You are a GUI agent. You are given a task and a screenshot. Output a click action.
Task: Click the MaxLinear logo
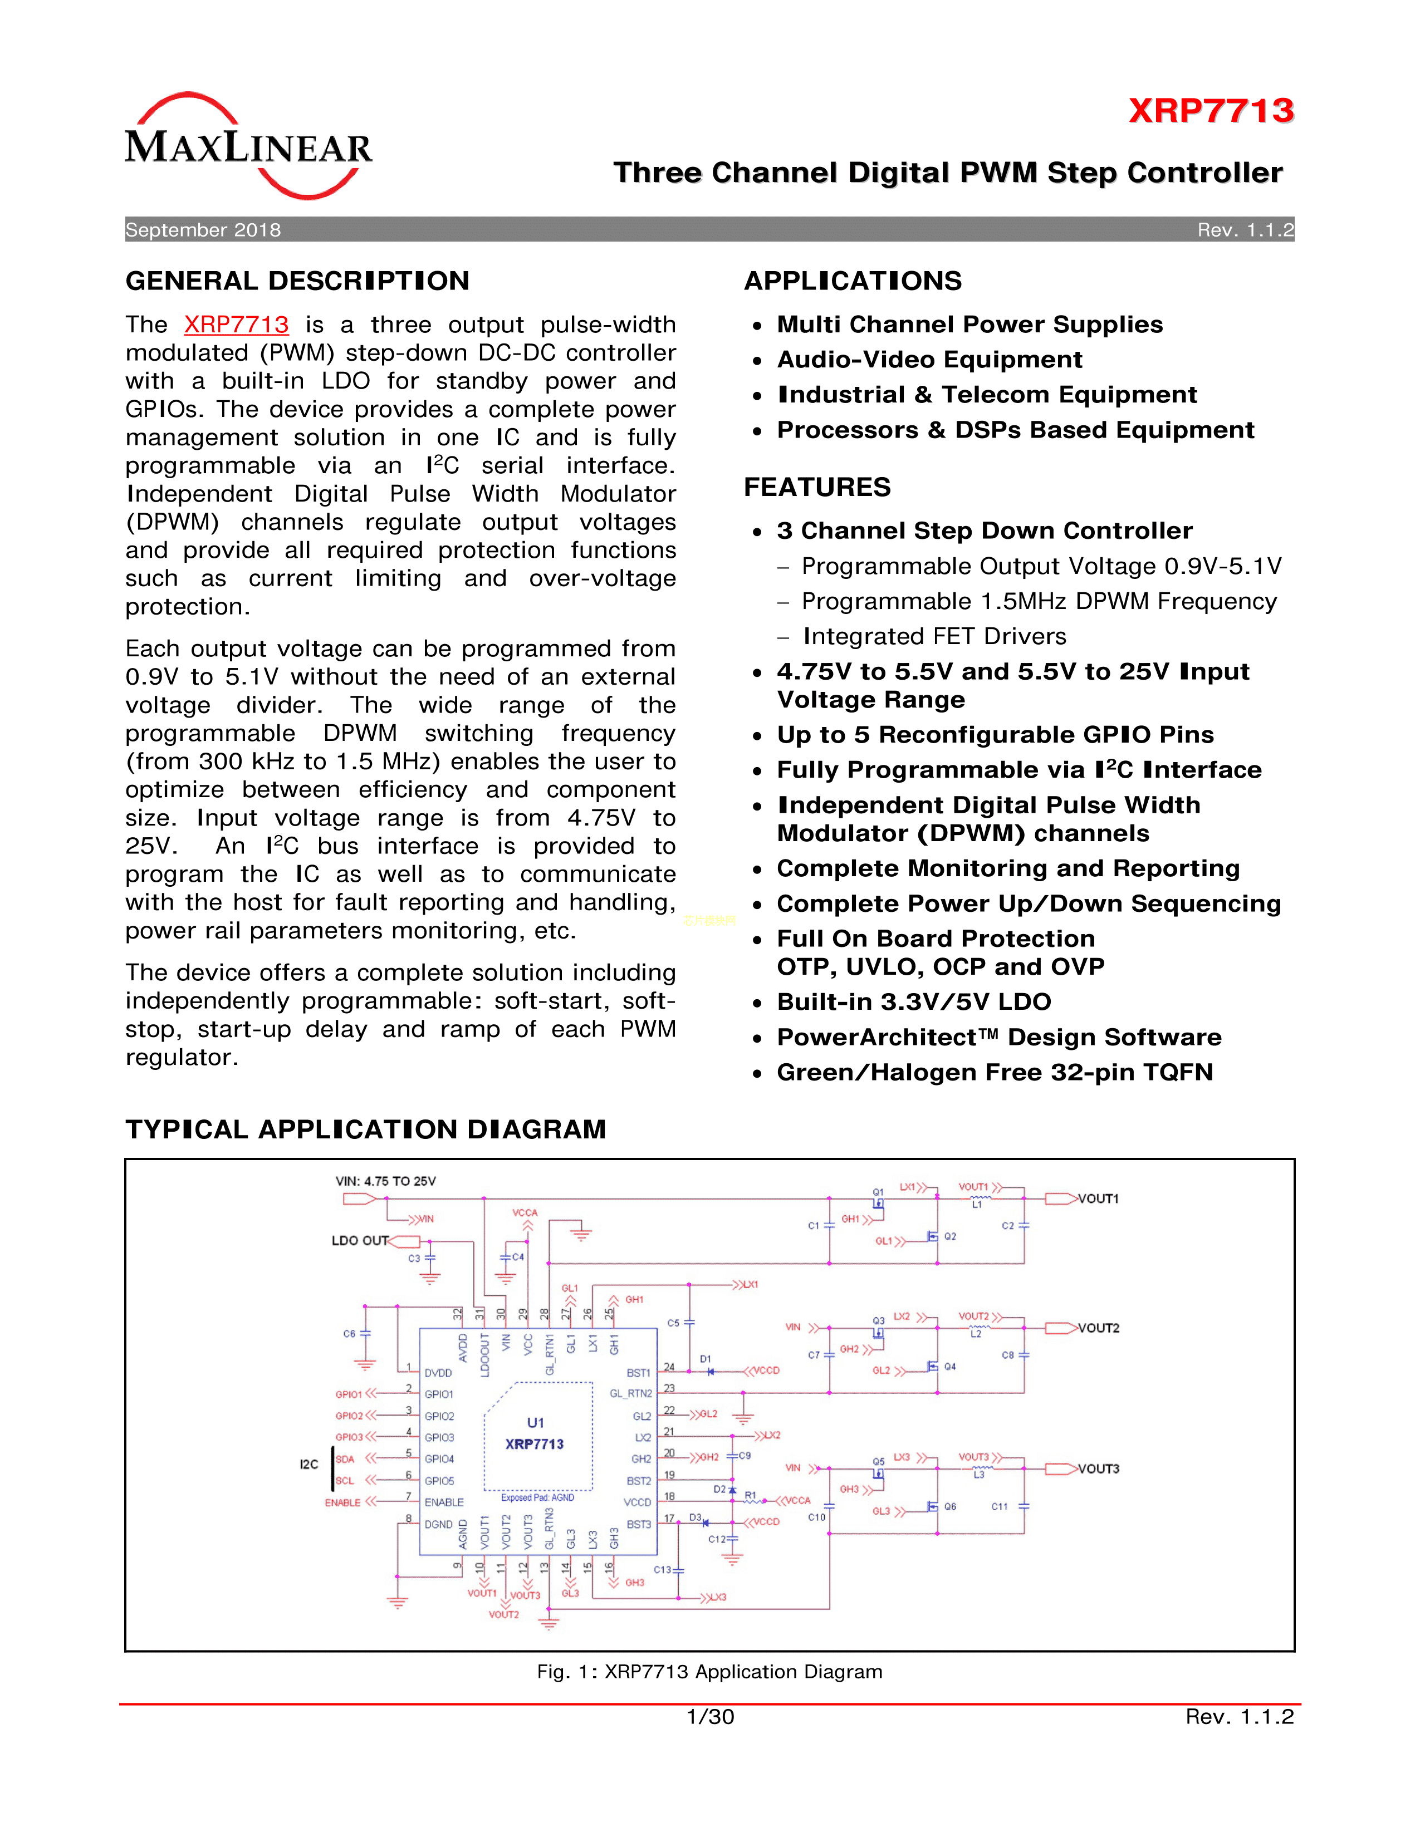click(248, 146)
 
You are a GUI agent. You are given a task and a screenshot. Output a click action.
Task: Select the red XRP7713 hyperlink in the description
click(236, 325)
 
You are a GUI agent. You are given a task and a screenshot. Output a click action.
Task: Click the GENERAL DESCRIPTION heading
click(297, 281)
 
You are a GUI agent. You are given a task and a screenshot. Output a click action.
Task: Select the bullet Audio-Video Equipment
click(929, 360)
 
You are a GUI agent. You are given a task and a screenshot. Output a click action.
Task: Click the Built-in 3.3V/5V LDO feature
click(914, 1002)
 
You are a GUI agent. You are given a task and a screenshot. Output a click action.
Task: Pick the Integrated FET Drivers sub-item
click(934, 637)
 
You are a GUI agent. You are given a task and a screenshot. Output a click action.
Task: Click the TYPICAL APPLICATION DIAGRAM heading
click(365, 1129)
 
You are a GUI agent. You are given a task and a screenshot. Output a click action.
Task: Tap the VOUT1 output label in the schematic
click(1098, 1199)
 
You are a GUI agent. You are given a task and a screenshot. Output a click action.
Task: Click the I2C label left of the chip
click(309, 1465)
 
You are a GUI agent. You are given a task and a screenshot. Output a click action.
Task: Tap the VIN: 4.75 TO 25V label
click(385, 1181)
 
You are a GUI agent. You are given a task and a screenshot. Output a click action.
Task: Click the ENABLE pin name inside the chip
click(444, 1502)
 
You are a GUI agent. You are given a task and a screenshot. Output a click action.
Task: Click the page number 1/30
click(710, 1717)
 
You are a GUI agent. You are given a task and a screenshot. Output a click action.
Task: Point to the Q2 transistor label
click(950, 1236)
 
